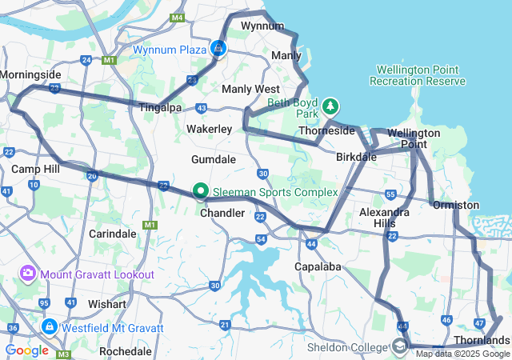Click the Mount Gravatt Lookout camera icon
28,274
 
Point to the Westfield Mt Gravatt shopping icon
50,328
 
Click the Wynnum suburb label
262,26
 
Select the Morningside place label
30,74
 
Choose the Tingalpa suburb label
160,107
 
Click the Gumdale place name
214,160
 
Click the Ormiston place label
455,206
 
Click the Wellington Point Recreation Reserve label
418,76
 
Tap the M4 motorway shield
177,18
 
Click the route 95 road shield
44,303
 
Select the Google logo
26,350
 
